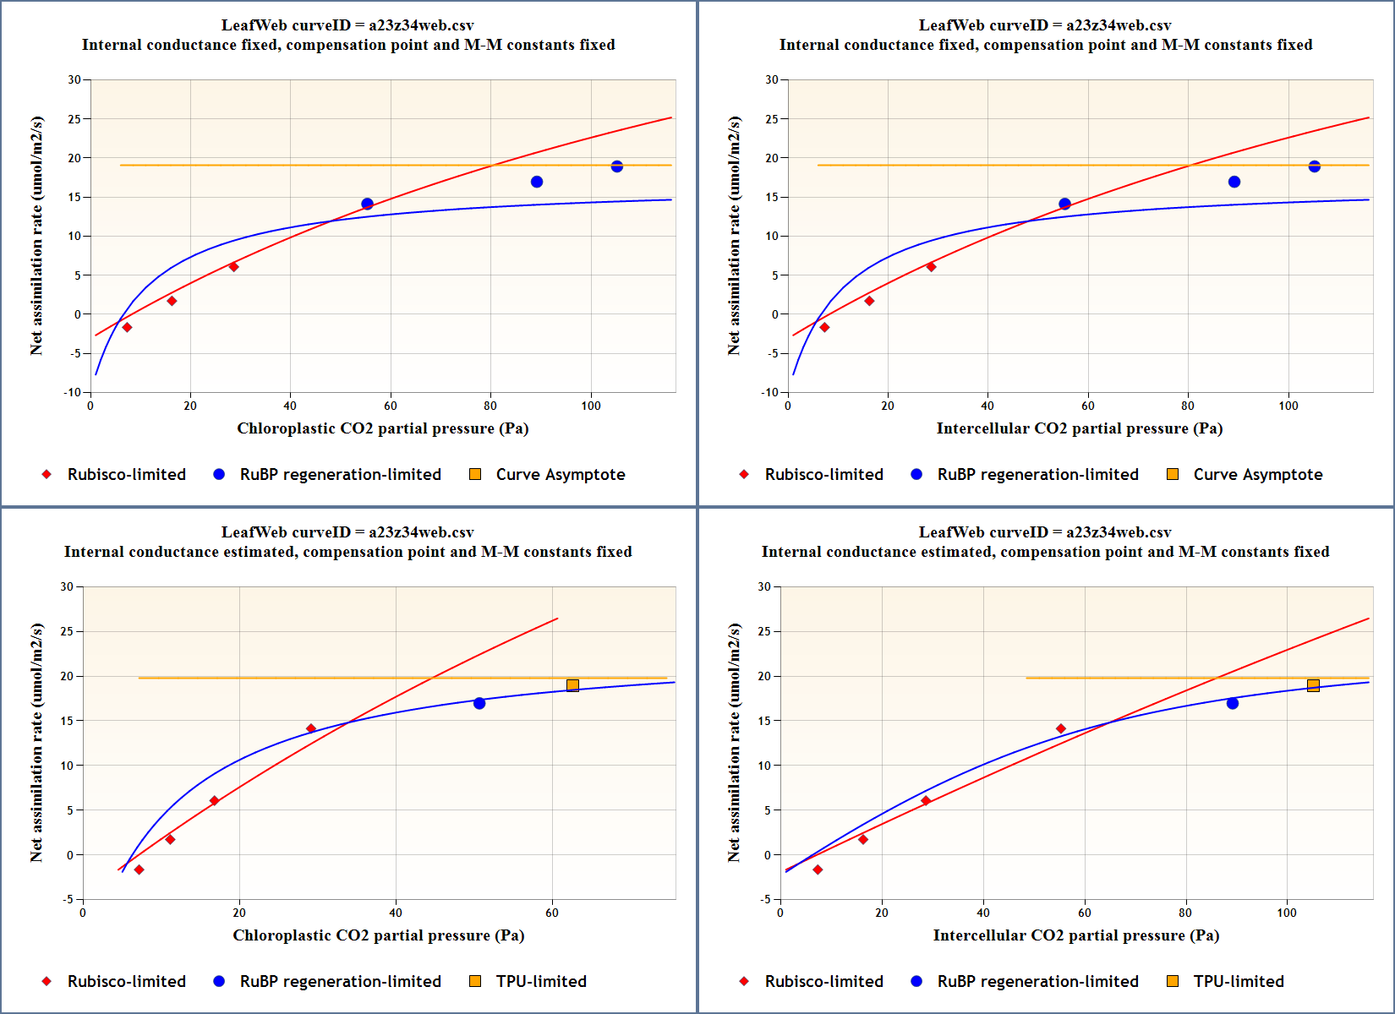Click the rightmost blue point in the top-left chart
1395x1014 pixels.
(x=617, y=166)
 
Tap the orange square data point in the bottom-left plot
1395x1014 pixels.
(x=573, y=685)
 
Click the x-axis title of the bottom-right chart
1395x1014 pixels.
(x=1075, y=935)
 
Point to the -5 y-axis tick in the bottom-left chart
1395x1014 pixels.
(x=68, y=899)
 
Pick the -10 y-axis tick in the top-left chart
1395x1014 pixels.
(x=73, y=392)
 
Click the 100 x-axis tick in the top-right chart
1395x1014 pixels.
(x=1288, y=406)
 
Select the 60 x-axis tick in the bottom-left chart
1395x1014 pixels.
(x=552, y=913)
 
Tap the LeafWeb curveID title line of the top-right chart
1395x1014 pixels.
(x=1045, y=25)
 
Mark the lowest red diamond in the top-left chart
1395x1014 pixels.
(x=127, y=327)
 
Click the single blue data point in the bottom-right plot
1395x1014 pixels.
(x=1233, y=703)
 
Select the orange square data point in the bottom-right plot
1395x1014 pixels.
(x=1313, y=685)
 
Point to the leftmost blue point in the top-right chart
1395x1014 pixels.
(x=1064, y=204)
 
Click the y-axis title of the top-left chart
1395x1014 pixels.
(x=36, y=236)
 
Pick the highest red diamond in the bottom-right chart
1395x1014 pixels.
(x=1061, y=728)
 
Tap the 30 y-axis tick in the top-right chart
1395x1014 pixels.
(x=771, y=80)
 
